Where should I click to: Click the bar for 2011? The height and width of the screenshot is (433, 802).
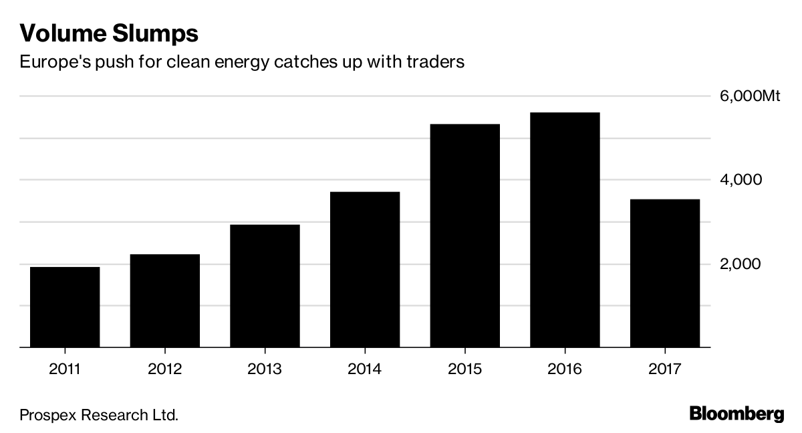(65, 307)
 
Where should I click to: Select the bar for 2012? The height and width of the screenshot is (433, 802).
(164, 301)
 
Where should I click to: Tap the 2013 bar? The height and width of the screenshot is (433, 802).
(265, 286)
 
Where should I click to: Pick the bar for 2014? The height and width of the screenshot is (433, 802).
(365, 270)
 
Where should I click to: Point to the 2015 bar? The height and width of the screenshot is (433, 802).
(465, 236)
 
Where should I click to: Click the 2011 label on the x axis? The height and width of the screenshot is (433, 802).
(65, 369)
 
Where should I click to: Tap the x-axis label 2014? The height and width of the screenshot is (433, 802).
(365, 369)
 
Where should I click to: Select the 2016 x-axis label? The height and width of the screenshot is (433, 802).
(565, 369)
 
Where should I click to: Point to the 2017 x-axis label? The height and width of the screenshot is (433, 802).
(665, 369)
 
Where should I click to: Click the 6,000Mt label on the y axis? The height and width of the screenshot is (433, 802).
(750, 96)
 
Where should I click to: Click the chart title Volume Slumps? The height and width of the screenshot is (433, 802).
(109, 33)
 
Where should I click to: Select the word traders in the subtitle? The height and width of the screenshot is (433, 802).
(438, 63)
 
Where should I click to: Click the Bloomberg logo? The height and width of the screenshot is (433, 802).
(736, 413)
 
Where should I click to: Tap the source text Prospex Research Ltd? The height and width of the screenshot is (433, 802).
(99, 415)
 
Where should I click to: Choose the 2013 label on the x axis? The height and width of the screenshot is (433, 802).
(265, 369)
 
